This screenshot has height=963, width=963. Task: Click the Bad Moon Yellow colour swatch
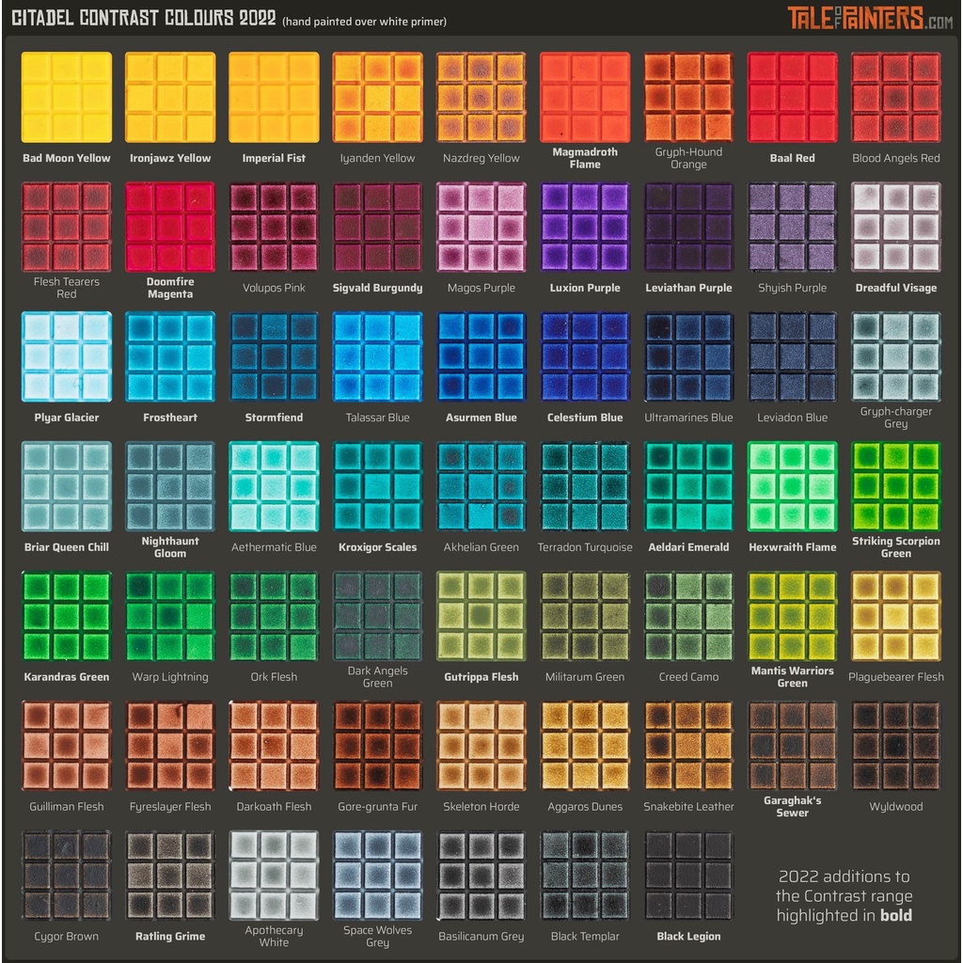[x=67, y=97]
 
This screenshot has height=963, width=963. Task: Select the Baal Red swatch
[x=792, y=97]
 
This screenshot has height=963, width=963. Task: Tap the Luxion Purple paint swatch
[x=585, y=227]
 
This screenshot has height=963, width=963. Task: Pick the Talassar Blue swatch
[x=377, y=356]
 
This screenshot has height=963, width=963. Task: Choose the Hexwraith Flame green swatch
[x=792, y=486]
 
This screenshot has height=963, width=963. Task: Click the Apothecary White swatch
[x=274, y=876]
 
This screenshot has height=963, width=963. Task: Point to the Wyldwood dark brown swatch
[x=895, y=746]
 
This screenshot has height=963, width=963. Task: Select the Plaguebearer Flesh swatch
[x=895, y=616]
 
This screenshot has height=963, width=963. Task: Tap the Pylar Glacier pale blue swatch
[x=67, y=356]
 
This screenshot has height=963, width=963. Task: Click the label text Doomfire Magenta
[x=170, y=288]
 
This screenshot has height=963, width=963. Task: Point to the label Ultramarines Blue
[x=688, y=418]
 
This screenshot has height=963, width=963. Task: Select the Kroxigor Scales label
[x=377, y=547]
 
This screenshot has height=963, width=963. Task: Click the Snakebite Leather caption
[x=688, y=807]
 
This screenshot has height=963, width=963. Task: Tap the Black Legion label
[x=688, y=937]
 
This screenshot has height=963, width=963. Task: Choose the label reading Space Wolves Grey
[x=377, y=937]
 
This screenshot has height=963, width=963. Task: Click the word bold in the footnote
[x=895, y=916]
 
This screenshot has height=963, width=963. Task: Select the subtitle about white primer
[x=365, y=22]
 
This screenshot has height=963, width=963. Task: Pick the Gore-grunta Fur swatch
[x=377, y=746]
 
